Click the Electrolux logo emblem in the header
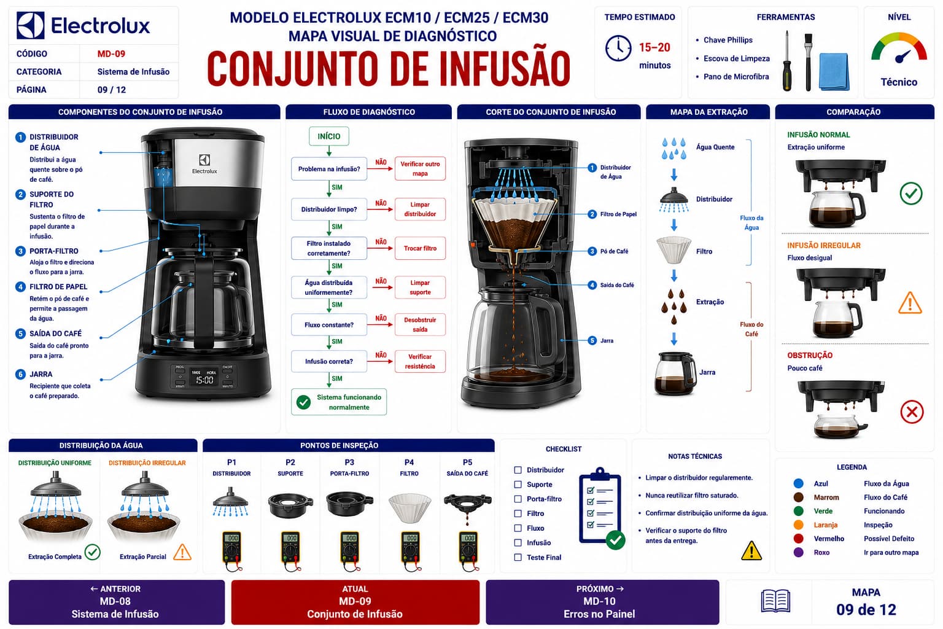(x=30, y=25)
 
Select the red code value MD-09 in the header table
(x=111, y=54)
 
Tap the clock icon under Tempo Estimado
(x=618, y=48)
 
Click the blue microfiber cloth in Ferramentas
(x=834, y=72)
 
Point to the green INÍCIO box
(x=329, y=136)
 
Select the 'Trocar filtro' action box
(x=420, y=248)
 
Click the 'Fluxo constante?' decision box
(x=329, y=325)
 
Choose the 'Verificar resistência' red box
(x=420, y=361)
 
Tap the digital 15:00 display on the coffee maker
(x=204, y=380)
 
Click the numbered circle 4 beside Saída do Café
(x=592, y=285)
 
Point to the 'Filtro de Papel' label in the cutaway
(x=618, y=214)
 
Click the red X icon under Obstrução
(x=912, y=412)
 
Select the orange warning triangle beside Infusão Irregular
(x=910, y=303)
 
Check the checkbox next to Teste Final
(x=518, y=557)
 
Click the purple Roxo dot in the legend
(x=798, y=552)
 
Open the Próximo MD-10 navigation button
(x=602, y=602)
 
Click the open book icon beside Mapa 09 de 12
(x=775, y=601)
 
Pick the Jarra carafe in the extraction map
(x=675, y=373)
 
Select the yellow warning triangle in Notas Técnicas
(x=751, y=551)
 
